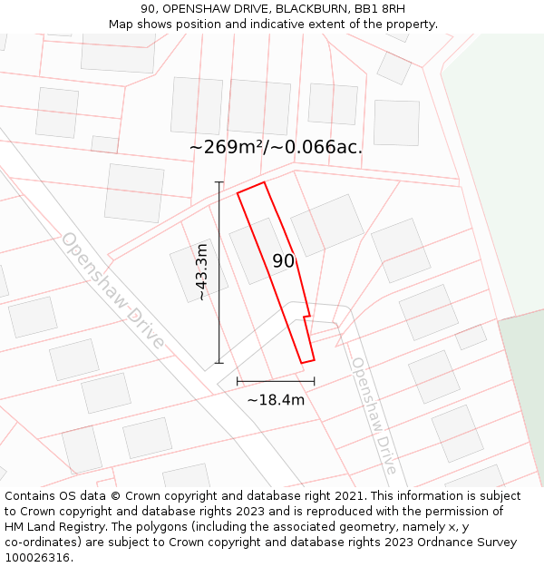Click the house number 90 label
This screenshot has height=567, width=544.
(x=283, y=261)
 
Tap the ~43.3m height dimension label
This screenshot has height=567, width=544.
(x=201, y=272)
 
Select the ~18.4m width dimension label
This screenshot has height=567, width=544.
(x=276, y=399)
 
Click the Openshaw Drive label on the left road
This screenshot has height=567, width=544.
(x=113, y=290)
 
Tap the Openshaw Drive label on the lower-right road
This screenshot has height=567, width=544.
(x=374, y=415)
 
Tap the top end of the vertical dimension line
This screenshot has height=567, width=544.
(x=219, y=182)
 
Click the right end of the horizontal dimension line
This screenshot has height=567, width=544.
(x=315, y=381)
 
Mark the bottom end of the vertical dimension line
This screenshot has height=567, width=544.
(x=219, y=363)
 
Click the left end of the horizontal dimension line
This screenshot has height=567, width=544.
(x=238, y=381)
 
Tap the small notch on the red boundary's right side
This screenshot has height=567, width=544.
(x=307, y=316)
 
